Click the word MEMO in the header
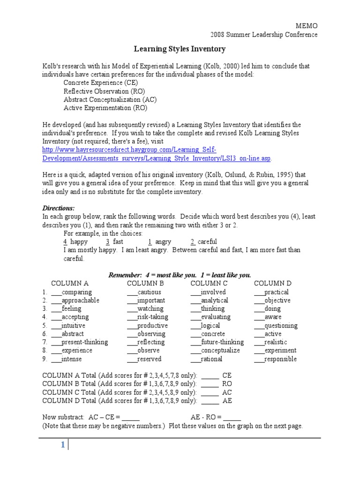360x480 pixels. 307,26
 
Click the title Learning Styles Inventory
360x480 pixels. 180,49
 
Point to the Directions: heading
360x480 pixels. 59,208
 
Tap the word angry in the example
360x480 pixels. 163,242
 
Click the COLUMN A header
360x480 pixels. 69,284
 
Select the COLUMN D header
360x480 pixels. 272,284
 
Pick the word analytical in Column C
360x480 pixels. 214,300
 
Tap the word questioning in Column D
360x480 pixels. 280,326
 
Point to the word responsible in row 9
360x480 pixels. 280,359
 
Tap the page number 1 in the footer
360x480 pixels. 62,446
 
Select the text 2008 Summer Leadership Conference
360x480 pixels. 263,35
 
